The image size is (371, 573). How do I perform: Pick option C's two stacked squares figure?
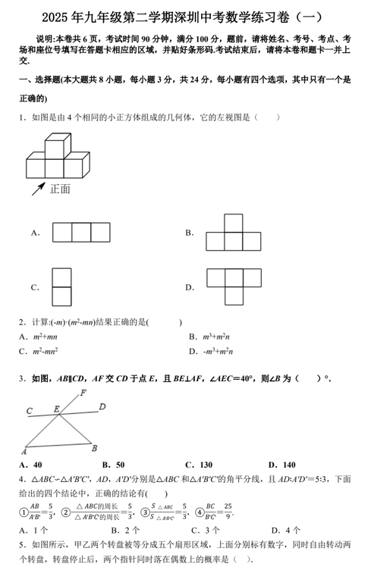pos(61,286)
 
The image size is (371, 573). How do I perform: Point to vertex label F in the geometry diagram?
pos(83,393)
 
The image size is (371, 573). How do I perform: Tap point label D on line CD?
pos(102,407)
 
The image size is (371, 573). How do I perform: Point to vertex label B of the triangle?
pos(94,448)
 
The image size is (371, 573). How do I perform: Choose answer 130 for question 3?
pos(203,465)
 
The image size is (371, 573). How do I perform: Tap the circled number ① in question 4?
pos(24,513)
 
